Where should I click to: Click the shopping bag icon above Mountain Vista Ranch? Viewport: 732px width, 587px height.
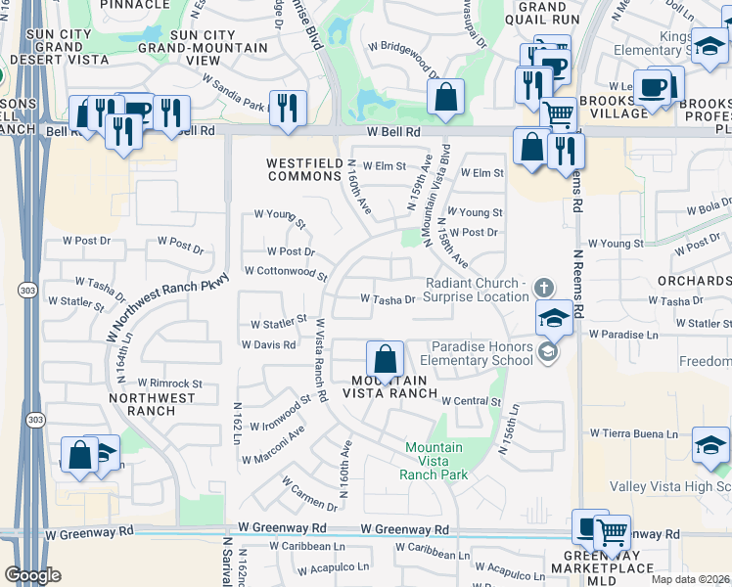386,359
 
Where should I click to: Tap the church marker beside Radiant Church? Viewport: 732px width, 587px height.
545,288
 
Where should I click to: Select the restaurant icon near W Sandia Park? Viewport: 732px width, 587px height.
287,109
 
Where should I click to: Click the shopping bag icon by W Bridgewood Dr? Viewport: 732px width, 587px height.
445,97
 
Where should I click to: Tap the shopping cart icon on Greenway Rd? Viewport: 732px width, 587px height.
612,533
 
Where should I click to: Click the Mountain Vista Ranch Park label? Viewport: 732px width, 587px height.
433,461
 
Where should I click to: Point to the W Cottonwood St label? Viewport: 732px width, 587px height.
285,271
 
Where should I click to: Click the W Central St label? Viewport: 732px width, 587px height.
471,401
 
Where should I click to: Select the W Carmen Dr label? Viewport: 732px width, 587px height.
309,494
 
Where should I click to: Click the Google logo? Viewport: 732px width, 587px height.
32,575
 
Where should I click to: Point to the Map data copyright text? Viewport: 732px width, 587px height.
690,579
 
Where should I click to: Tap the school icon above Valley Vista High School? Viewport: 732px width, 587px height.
709,446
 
